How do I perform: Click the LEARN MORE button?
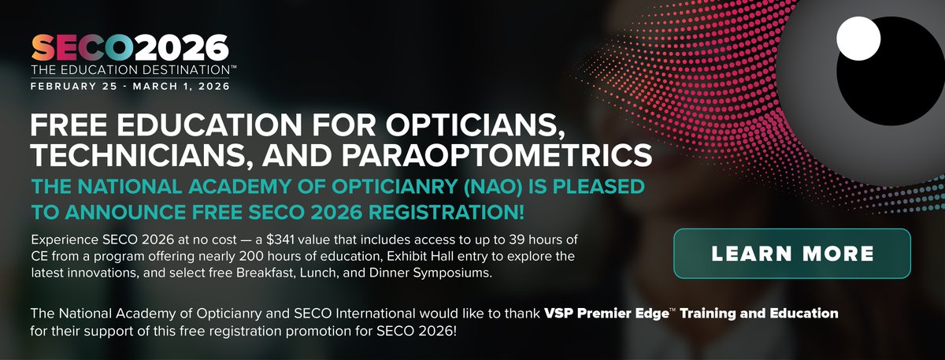(x=792, y=254)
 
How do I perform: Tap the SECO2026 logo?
(x=130, y=48)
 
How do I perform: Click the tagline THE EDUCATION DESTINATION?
(x=127, y=71)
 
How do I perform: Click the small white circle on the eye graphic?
(x=858, y=37)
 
